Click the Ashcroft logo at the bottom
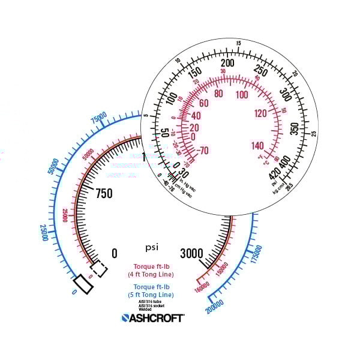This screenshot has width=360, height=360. (x=153, y=318)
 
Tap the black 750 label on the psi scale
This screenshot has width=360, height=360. (x=104, y=193)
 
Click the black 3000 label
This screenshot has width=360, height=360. (x=192, y=253)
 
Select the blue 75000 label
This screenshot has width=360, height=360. (x=98, y=118)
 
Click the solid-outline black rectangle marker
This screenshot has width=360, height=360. (x=83, y=284)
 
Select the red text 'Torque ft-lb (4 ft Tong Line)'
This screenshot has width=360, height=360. (x=151, y=271)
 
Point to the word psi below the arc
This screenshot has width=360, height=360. (x=152, y=247)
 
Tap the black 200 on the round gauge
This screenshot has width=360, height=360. (x=227, y=64)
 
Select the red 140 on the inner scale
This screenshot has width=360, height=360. (x=257, y=146)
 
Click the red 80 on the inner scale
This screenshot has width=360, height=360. (x=218, y=94)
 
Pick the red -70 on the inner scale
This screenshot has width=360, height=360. (x=202, y=151)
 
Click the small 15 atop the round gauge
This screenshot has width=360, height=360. (x=238, y=43)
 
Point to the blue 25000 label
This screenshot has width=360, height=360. (x=44, y=233)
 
